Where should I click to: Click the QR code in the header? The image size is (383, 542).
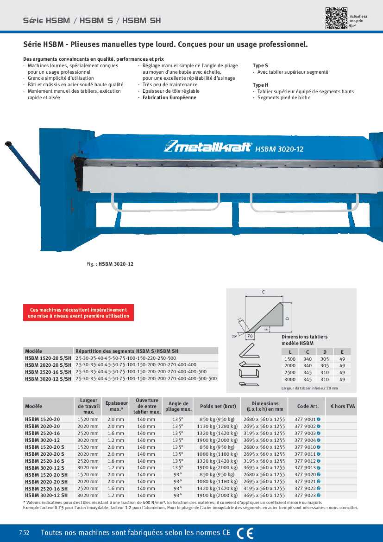(x=336, y=19)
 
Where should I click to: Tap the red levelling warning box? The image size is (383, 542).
(x=78, y=313)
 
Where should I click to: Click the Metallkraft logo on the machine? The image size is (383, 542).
(x=208, y=147)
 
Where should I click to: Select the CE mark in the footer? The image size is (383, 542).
(x=245, y=533)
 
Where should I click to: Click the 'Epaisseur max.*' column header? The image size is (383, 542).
(x=116, y=406)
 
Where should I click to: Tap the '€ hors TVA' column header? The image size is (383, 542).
(x=343, y=406)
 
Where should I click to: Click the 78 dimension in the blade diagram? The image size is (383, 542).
(x=251, y=336)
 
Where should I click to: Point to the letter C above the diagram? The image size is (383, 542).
(x=263, y=292)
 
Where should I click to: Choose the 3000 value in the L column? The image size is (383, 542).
(x=290, y=379)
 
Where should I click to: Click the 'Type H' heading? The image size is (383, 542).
(x=260, y=85)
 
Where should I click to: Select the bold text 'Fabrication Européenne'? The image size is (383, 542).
(x=170, y=98)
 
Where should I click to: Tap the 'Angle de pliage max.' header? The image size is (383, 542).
(x=178, y=406)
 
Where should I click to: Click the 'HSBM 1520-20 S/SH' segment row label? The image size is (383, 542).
(x=48, y=358)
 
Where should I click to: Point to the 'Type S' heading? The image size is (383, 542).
(x=260, y=66)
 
